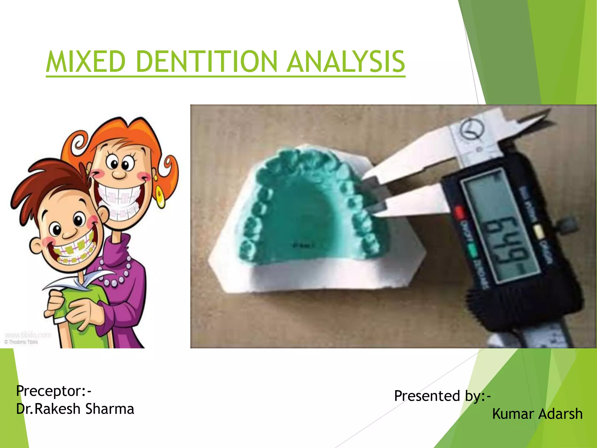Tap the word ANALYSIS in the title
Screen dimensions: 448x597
[346, 62]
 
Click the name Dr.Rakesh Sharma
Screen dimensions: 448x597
[75, 409]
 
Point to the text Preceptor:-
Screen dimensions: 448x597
[54, 391]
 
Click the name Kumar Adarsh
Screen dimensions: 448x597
[537, 414]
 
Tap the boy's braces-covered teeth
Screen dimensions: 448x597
[74, 251]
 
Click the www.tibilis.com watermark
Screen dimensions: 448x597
[28, 335]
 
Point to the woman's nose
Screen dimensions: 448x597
[119, 174]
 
